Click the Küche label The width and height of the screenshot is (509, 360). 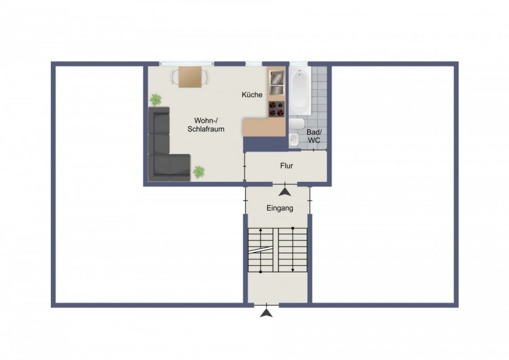252,95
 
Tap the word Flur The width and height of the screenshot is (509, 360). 287,166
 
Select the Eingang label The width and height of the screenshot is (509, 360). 280,208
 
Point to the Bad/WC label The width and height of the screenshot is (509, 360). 314,136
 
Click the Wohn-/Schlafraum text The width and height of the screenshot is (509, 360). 206,124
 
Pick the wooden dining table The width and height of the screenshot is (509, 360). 190,77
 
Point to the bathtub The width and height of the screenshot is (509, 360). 300,90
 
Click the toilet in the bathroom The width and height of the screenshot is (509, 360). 297,124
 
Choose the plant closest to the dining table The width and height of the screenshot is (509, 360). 156,99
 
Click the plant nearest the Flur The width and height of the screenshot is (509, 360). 199,171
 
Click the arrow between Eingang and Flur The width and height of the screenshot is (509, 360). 285,192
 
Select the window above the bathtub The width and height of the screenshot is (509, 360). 299,64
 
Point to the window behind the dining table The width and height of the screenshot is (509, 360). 186,64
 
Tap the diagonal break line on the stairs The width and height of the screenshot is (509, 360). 261,250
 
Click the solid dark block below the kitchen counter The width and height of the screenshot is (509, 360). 266,144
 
